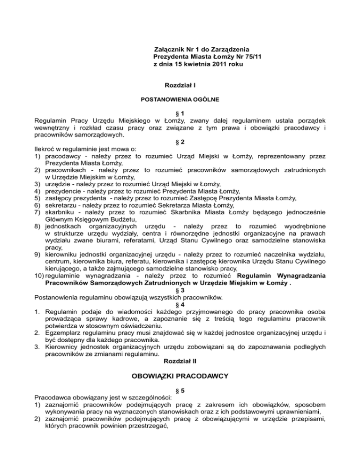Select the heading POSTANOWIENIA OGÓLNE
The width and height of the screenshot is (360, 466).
(x=180, y=100)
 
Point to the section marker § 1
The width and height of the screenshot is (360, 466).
(x=180, y=114)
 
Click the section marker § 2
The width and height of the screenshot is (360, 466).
(x=180, y=142)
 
